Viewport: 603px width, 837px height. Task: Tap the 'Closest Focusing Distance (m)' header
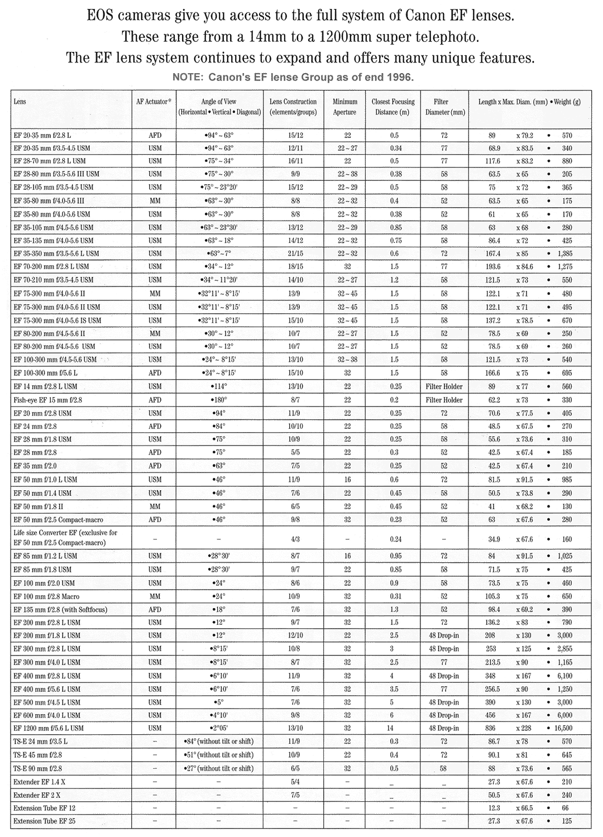coord(393,107)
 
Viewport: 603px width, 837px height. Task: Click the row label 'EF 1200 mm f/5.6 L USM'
coord(49,728)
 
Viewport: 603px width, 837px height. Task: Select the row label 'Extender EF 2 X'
coord(37,795)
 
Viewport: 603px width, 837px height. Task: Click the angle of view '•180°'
coord(218,400)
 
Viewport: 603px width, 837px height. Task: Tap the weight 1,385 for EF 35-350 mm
coord(564,254)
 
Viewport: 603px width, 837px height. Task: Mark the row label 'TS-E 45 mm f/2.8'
coord(38,755)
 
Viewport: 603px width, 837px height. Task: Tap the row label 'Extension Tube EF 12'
coord(44,808)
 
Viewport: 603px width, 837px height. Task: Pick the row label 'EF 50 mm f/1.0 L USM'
coord(46,480)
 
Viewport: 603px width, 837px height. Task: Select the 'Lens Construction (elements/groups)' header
coord(293,107)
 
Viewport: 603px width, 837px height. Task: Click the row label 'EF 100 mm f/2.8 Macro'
coord(47,596)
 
